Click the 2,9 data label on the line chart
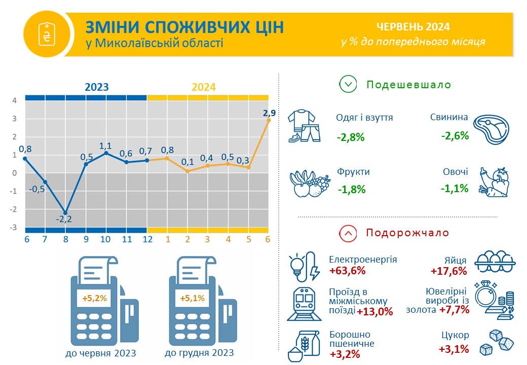269,113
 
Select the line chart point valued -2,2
65,213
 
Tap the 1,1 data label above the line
105,145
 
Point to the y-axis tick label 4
15,100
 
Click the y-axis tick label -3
13,227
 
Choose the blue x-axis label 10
105,239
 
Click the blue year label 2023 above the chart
96,87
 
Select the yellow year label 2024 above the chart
203,87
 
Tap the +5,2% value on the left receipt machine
94,298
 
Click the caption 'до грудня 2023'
199,353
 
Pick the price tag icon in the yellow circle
47,34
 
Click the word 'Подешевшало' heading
409,84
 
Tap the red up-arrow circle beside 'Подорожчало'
348,233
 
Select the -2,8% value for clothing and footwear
351,137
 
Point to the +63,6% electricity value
347,271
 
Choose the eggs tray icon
495,261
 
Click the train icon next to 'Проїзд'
304,304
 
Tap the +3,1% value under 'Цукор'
454,349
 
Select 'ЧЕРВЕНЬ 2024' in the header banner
412,27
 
